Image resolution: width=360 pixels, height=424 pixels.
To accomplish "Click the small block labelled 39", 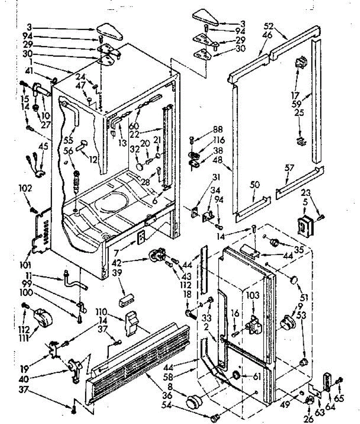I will [126, 301].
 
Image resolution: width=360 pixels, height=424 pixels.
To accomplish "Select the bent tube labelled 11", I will [75, 278].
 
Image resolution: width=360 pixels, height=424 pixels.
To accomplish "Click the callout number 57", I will [289, 168].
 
